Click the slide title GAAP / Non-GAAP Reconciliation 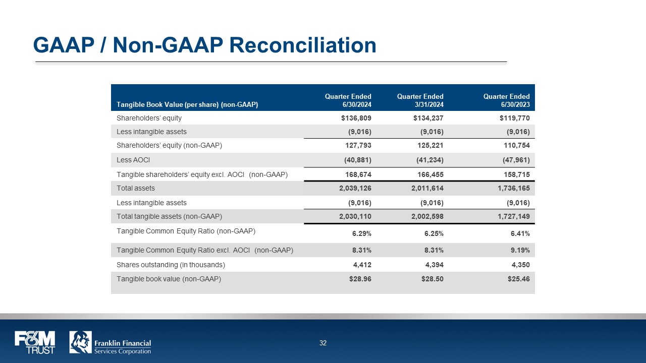tap(204, 45)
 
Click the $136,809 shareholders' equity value tap(356, 118)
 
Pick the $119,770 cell tap(515, 118)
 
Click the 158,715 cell tap(515, 174)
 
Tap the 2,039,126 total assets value tap(352, 188)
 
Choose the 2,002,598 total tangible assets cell tap(424, 216)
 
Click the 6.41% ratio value tap(519, 233)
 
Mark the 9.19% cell tap(519, 250)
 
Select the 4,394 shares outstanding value tap(434, 265)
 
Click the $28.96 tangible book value tap(360, 279)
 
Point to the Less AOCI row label tap(134, 160)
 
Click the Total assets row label tap(136, 188)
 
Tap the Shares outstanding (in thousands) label tap(171, 265)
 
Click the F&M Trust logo tap(34, 342)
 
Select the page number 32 tap(323, 343)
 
